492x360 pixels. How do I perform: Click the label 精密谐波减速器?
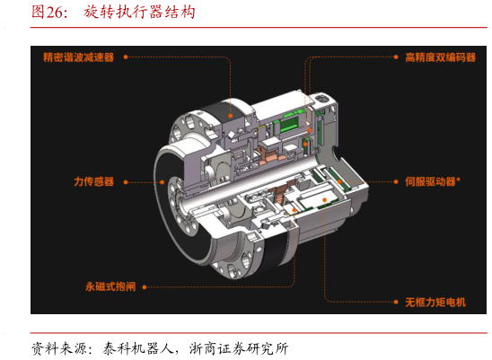pyautogui.click(x=78, y=57)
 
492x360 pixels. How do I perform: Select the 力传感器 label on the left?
pyautogui.click(x=93, y=181)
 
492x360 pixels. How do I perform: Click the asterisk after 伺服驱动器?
pyautogui.click(x=459, y=180)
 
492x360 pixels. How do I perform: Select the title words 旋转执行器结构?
pyautogui.click(x=139, y=13)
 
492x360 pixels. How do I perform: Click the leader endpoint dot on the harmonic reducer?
pyautogui.click(x=231, y=116)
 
